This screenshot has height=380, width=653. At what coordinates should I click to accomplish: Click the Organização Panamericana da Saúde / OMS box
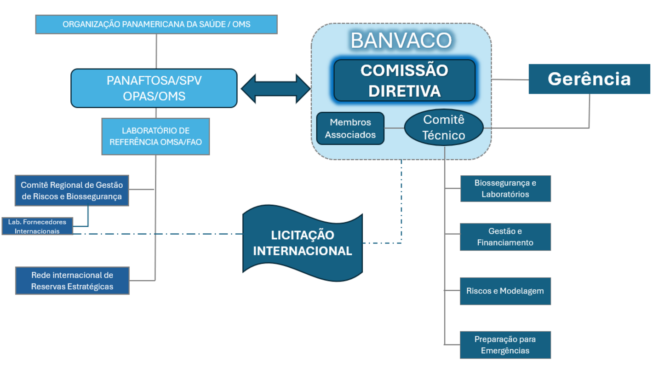tap(156, 24)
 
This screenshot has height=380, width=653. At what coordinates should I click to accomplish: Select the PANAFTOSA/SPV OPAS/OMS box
tap(154, 88)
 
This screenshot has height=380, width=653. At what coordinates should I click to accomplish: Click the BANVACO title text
tap(401, 40)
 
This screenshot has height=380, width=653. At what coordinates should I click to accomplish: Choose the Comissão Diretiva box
tap(404, 81)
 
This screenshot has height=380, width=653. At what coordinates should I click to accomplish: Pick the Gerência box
tap(589, 79)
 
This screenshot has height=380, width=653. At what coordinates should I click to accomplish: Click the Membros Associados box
tap(350, 128)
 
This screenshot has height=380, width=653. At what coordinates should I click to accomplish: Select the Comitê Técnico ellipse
tap(444, 128)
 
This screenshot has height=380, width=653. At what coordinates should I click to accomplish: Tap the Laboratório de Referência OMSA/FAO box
tap(155, 136)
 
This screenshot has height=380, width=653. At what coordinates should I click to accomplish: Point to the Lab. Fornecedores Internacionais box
tap(37, 226)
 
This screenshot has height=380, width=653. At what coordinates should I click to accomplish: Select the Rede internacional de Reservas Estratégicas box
tap(72, 281)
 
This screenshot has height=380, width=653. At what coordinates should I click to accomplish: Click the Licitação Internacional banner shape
tap(302, 243)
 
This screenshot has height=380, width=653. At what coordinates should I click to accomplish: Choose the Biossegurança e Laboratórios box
tap(505, 188)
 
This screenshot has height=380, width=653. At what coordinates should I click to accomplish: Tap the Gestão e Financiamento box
tap(505, 236)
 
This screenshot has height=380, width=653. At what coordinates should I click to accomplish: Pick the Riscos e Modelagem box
tap(505, 291)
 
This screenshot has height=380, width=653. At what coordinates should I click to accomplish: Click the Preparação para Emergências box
tap(505, 345)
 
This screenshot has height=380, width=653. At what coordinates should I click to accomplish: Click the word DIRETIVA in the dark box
tap(405, 91)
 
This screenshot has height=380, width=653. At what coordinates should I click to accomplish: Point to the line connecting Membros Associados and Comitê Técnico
tap(394, 128)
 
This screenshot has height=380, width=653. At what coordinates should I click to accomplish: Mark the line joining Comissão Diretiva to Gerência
tap(510, 80)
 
